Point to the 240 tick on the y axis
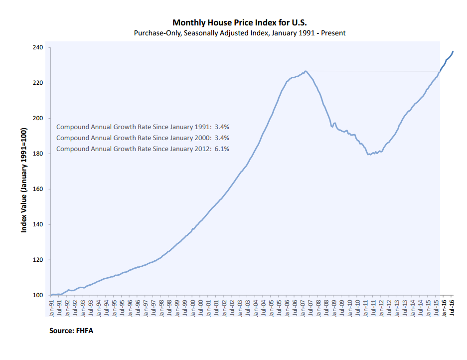point(38,48)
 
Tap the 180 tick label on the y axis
point(38,154)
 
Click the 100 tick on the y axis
point(38,295)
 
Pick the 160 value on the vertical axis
point(38,189)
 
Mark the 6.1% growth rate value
point(221,149)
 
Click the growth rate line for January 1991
point(143,127)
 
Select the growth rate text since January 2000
point(143,138)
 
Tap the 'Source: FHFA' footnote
point(71,331)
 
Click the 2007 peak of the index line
point(306,71)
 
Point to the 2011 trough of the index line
point(369,155)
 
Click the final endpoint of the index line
point(453,51)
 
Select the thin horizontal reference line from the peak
point(374,71)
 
